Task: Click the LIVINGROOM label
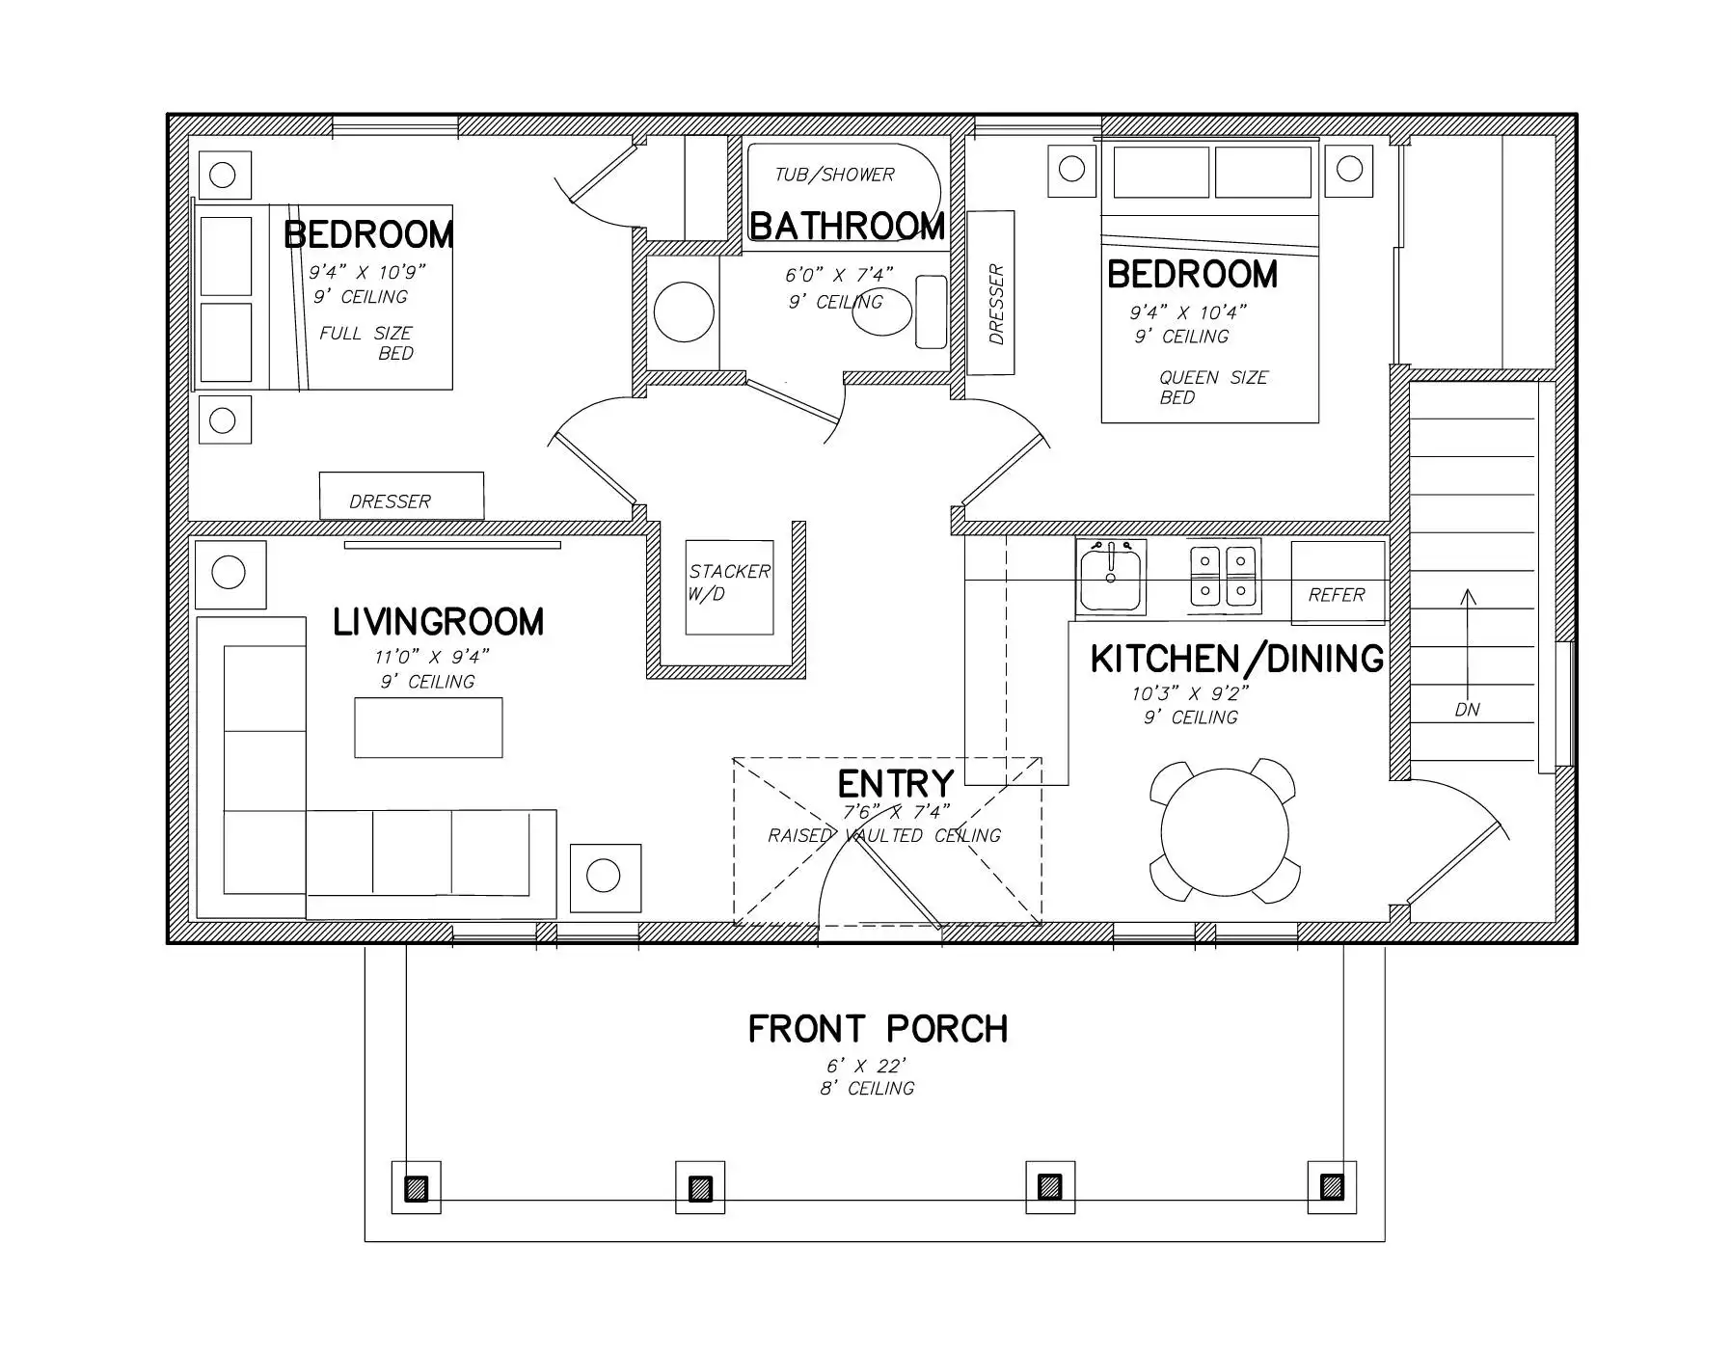(439, 622)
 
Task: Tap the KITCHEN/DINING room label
(1237, 659)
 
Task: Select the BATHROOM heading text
(848, 226)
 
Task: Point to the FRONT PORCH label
(878, 1029)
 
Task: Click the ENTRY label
(896, 784)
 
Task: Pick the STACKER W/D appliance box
(729, 587)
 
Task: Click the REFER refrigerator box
(1338, 582)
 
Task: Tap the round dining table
(1225, 831)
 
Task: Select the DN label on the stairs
(1467, 710)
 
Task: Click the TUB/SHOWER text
(835, 175)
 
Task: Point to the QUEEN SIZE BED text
(1213, 388)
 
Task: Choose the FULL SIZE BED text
(367, 343)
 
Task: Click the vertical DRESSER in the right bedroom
(990, 293)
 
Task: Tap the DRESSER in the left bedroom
(401, 496)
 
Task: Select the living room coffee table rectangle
(428, 727)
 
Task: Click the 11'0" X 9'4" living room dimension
(432, 657)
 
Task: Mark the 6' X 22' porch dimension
(866, 1067)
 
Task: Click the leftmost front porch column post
(416, 1187)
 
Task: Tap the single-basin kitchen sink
(1111, 577)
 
